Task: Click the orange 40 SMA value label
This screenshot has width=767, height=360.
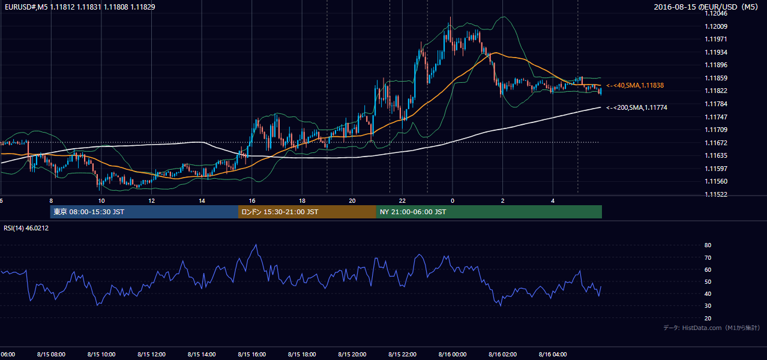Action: coord(635,85)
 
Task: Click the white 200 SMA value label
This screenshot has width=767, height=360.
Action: coord(637,107)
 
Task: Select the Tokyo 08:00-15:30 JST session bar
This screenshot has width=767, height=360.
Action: coord(144,212)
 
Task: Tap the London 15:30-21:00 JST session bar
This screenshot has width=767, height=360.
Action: coord(307,212)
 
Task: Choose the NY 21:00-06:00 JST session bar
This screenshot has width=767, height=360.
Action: coord(489,212)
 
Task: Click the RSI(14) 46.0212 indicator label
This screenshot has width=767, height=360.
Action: coord(26,228)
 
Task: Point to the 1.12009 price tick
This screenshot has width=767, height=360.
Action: coord(716,26)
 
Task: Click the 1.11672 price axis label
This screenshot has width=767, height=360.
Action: coord(716,143)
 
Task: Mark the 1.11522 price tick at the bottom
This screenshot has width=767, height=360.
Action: coord(716,194)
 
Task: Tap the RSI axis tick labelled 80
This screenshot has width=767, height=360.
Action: coord(708,245)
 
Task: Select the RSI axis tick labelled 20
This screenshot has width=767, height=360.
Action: coord(708,318)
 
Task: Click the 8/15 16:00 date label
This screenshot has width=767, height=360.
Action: coord(251,354)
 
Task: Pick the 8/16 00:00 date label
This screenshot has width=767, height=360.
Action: coord(453,354)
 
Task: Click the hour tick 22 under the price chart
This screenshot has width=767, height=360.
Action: coord(402,201)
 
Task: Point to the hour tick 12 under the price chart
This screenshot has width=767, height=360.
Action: coord(151,201)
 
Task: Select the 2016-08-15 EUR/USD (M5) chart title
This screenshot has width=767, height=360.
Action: coord(706,7)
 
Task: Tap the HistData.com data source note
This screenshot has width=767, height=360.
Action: coord(712,328)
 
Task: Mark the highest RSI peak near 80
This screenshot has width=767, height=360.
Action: coord(256,245)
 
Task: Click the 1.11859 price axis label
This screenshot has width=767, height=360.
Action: coord(716,78)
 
